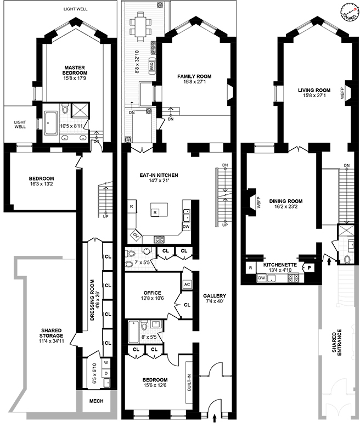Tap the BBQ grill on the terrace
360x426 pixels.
tap(152, 65)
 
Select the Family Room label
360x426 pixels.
tap(194, 76)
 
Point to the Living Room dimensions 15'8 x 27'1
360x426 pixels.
tap(314, 96)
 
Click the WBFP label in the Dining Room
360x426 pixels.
tap(258, 202)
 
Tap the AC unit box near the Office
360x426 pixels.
tap(187, 284)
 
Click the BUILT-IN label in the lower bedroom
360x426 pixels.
tap(189, 383)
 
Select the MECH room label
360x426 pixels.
tap(96, 401)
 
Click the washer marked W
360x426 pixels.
tap(106, 362)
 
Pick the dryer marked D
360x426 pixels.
tap(106, 373)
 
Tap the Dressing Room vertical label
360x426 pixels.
tap(92, 300)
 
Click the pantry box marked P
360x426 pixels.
tap(309, 268)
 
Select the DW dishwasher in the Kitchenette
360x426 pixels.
tap(261, 278)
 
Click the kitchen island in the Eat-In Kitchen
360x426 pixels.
tap(159, 210)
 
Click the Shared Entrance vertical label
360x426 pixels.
tap(337, 343)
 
